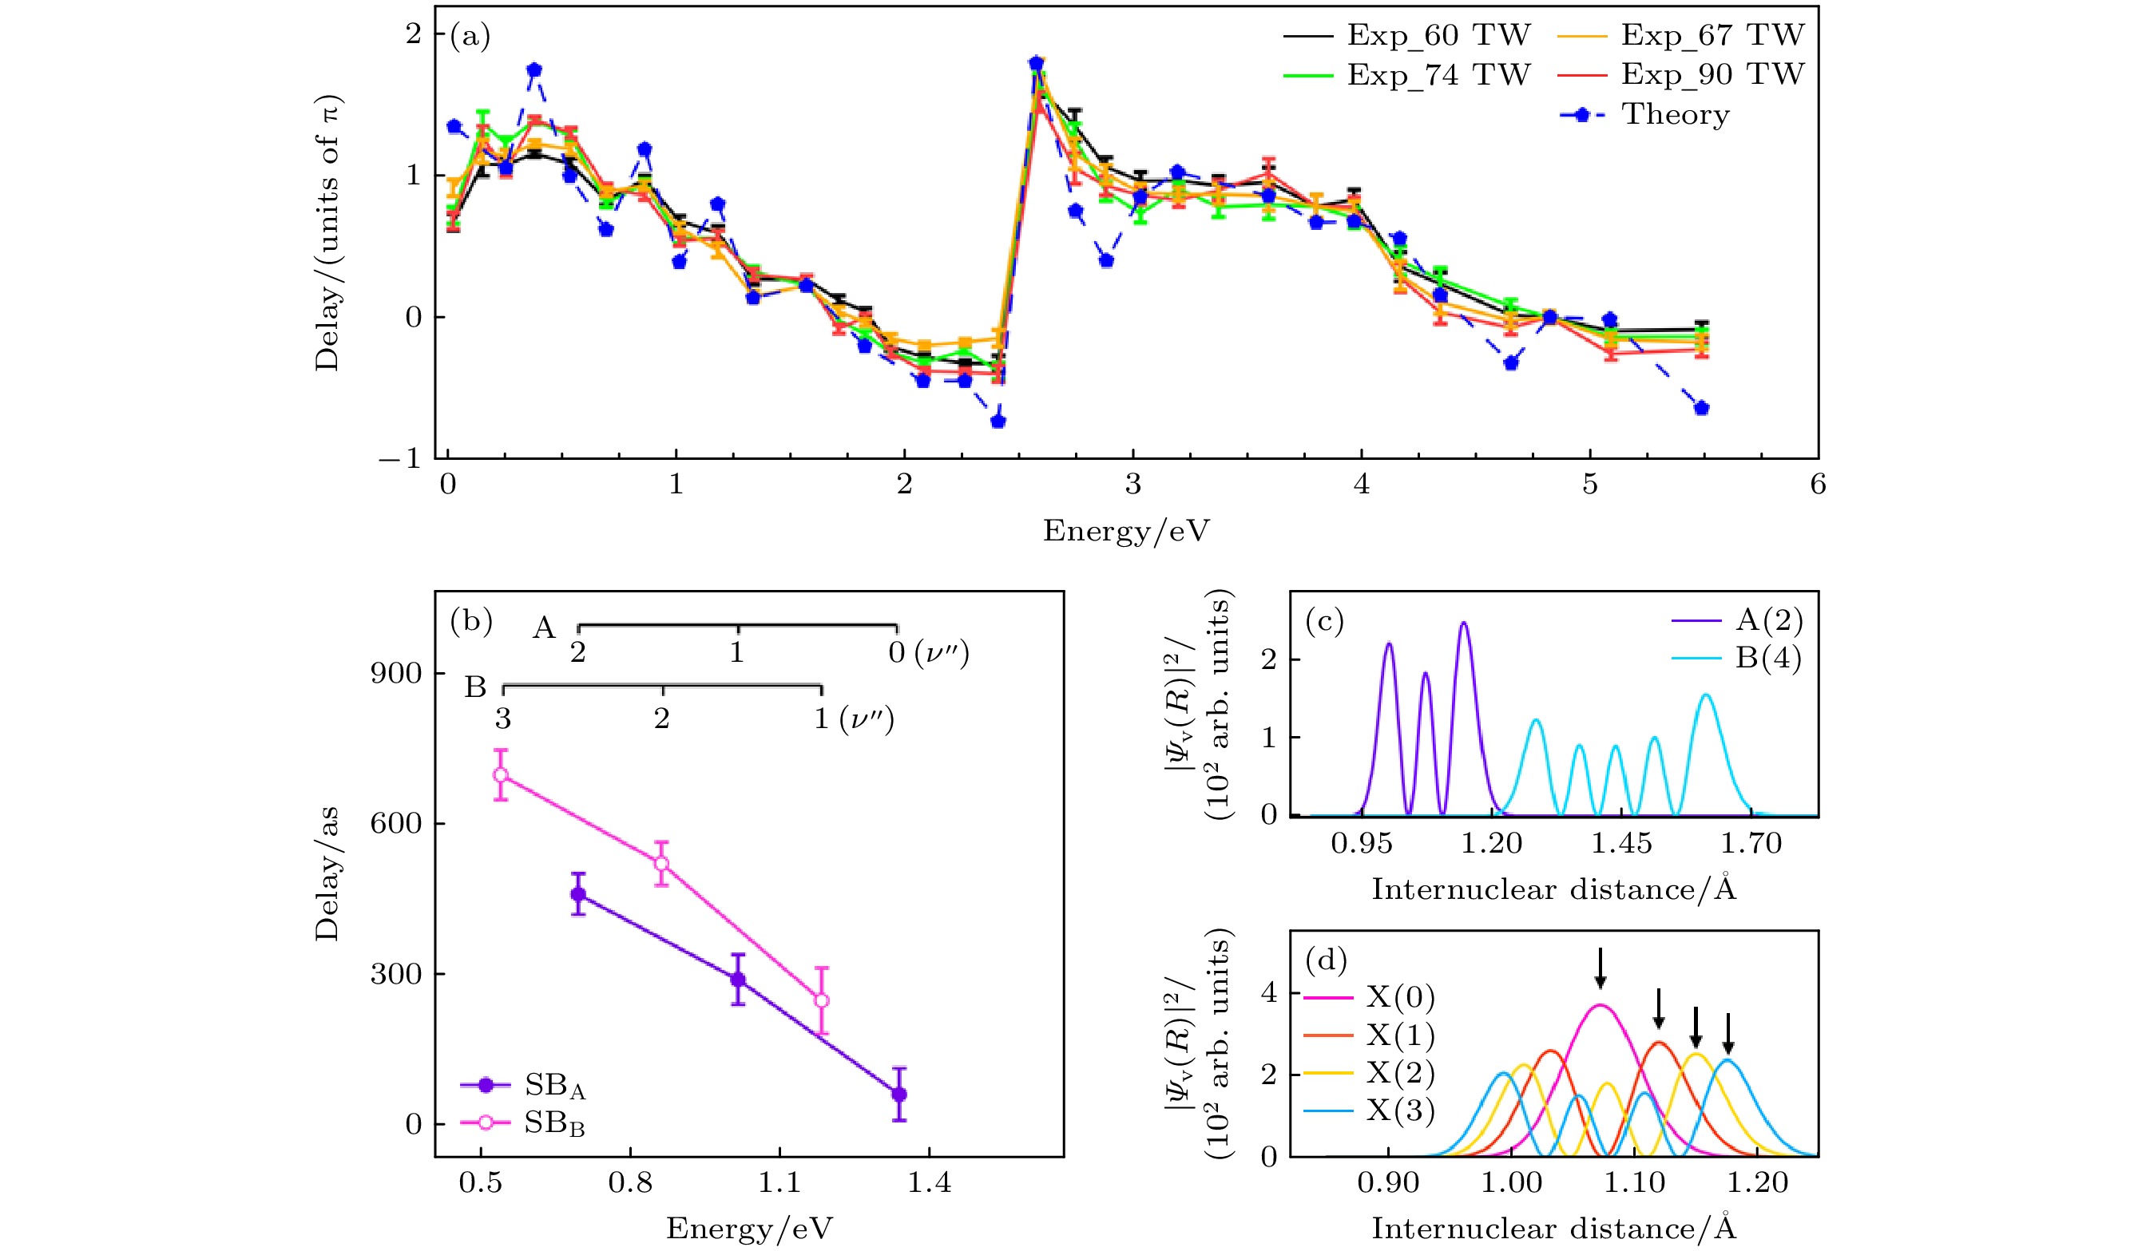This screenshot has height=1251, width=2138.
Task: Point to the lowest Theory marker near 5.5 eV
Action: coord(1701,408)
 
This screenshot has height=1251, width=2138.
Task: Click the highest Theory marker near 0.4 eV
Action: coord(534,69)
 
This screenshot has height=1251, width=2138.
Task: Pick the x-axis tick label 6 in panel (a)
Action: coord(1817,485)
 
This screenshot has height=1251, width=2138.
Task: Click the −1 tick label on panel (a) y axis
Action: coord(400,459)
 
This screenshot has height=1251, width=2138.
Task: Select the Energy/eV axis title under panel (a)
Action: coord(1126,531)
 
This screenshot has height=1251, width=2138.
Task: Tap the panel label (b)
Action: coord(471,622)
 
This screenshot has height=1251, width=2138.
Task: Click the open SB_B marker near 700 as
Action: coord(502,774)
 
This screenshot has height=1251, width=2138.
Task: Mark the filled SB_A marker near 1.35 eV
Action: coord(899,1094)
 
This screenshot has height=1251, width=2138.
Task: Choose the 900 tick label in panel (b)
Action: coord(396,674)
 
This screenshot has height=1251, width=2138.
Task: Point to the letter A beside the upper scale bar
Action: coord(544,628)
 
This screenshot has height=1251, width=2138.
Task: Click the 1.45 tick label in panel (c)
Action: coord(1621,843)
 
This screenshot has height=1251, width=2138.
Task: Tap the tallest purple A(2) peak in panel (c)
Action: coord(1463,624)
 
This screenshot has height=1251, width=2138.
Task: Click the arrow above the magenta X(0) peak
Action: coord(1601,968)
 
